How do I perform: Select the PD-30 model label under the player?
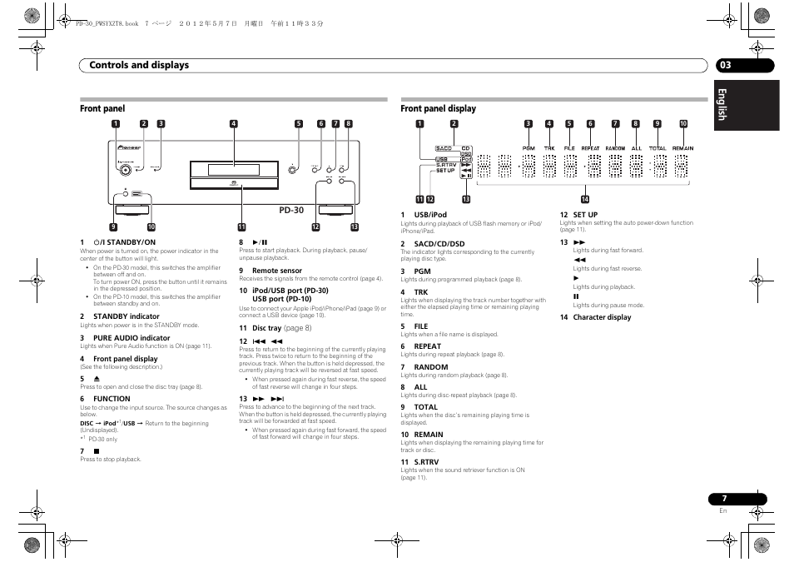point(291,211)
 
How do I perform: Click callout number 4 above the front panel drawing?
point(234,124)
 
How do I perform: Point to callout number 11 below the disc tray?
point(241,226)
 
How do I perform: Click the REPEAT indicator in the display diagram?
point(589,148)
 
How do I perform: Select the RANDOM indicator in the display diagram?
point(615,148)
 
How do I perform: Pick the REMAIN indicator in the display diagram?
point(682,148)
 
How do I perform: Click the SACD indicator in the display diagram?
point(444,149)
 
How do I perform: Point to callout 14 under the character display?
point(584,199)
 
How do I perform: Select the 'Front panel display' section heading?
point(438,108)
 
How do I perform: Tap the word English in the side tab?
point(722,105)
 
